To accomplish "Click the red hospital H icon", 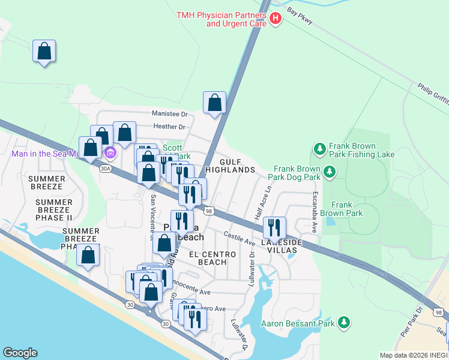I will click(x=276, y=19).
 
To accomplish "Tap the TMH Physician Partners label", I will click(x=221, y=19).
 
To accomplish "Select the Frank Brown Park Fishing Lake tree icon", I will click(x=319, y=148).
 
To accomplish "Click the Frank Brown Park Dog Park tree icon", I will click(x=329, y=173).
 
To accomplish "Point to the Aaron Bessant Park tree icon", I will click(x=344, y=323).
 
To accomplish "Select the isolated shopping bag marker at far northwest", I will click(x=44, y=51).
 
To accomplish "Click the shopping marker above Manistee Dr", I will click(x=215, y=103).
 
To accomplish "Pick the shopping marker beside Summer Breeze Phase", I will click(x=88, y=256).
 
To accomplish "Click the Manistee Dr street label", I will click(x=170, y=113).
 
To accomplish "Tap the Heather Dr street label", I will click(x=170, y=127).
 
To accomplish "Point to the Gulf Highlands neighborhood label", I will click(x=230, y=166).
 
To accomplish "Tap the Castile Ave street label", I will click(x=240, y=238).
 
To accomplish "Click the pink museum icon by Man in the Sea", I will click(x=109, y=154).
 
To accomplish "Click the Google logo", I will click(x=20, y=353).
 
